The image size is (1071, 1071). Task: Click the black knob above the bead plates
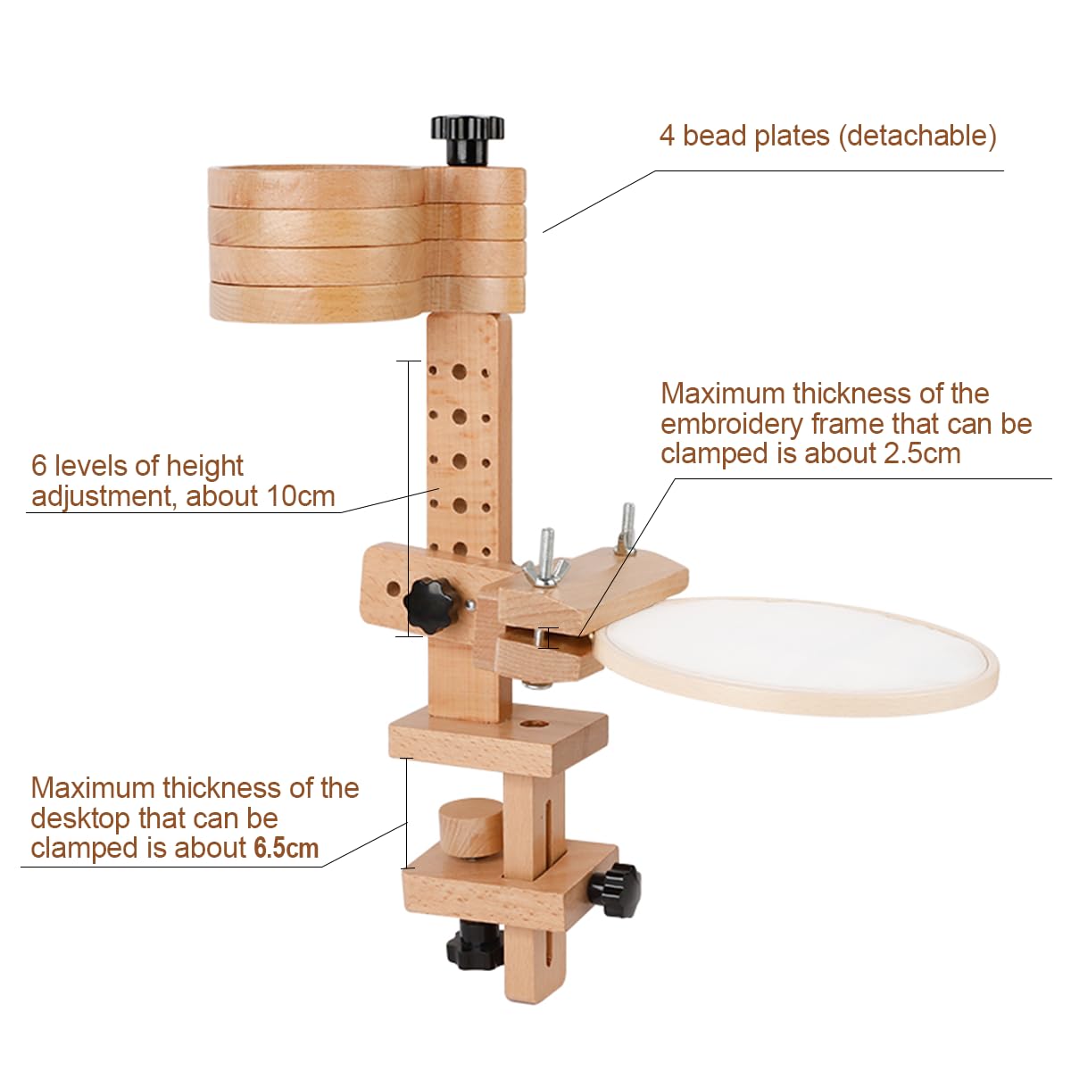coord(468,139)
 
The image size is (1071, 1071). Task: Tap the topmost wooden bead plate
coord(367,187)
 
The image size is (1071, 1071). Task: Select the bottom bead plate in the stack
coord(367,301)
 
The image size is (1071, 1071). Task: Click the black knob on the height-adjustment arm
coord(431,606)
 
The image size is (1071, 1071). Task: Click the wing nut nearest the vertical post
coord(545,559)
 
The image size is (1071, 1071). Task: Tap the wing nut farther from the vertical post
coord(627,529)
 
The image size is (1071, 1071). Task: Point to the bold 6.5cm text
coord(286,848)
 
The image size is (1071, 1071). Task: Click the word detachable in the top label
coord(917,136)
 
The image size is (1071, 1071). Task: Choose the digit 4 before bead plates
coord(668,137)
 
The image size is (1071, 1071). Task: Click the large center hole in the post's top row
coord(459,371)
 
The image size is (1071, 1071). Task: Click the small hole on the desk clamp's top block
coord(533,725)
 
